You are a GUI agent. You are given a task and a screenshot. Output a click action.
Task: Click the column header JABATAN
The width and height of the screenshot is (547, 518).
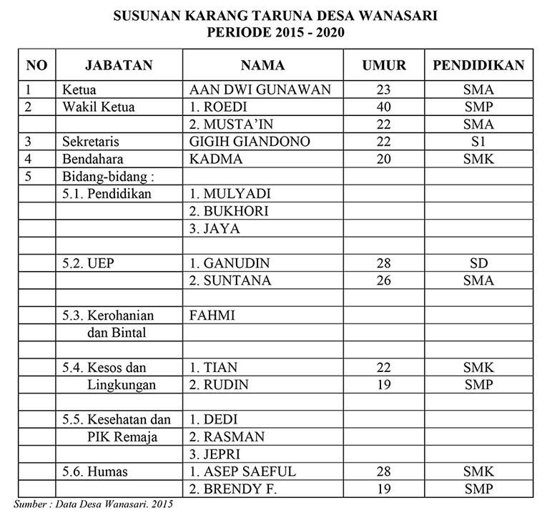pyautogui.click(x=119, y=65)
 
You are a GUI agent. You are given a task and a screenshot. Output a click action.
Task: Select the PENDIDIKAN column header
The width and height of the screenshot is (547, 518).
pyautogui.click(x=478, y=65)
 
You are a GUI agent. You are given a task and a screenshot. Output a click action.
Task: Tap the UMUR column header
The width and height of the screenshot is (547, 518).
pyautogui.click(x=384, y=65)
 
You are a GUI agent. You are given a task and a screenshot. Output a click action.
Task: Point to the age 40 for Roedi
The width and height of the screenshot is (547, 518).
pyautogui.click(x=384, y=107)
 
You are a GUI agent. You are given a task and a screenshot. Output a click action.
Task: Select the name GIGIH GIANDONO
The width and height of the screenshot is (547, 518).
pyautogui.click(x=250, y=142)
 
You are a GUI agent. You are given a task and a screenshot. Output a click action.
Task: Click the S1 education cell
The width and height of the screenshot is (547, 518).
pyautogui.click(x=478, y=142)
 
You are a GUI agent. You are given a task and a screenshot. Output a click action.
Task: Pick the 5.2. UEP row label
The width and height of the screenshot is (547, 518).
pyautogui.click(x=89, y=263)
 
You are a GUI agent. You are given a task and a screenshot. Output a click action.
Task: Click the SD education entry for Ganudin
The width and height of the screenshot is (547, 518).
pyautogui.click(x=478, y=263)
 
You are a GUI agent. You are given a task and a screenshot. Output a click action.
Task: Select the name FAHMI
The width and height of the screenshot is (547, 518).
pyautogui.click(x=213, y=315)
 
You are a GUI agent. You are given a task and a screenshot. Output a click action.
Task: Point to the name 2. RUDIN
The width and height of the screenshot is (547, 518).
pyautogui.click(x=220, y=385)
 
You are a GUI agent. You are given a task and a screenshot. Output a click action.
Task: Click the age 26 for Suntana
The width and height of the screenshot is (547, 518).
pyautogui.click(x=384, y=280)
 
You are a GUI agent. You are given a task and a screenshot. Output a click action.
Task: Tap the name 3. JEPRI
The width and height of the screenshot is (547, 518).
pyautogui.click(x=215, y=454)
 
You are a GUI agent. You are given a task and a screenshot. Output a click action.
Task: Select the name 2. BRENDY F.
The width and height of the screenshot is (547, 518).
pyautogui.click(x=233, y=489)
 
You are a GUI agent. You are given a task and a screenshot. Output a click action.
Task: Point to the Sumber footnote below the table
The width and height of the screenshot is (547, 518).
pyautogui.click(x=93, y=504)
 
